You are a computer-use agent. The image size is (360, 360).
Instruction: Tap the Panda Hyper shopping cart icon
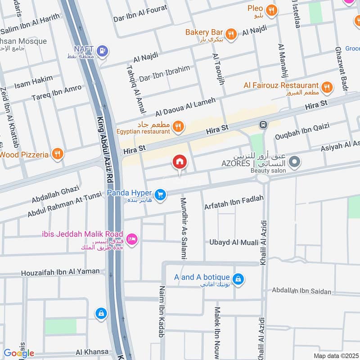160,194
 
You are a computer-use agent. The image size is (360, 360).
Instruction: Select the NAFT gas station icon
103,51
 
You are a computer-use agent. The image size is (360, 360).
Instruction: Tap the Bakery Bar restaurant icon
231,34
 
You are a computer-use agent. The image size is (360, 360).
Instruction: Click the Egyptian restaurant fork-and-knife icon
179,127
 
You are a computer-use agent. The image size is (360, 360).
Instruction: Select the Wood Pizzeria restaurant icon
57,154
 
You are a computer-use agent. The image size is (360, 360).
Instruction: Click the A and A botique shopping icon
238,279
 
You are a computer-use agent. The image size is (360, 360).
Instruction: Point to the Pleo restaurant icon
271,9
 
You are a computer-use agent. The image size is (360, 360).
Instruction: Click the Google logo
19,353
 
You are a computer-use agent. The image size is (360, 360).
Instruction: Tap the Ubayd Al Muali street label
234,243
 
